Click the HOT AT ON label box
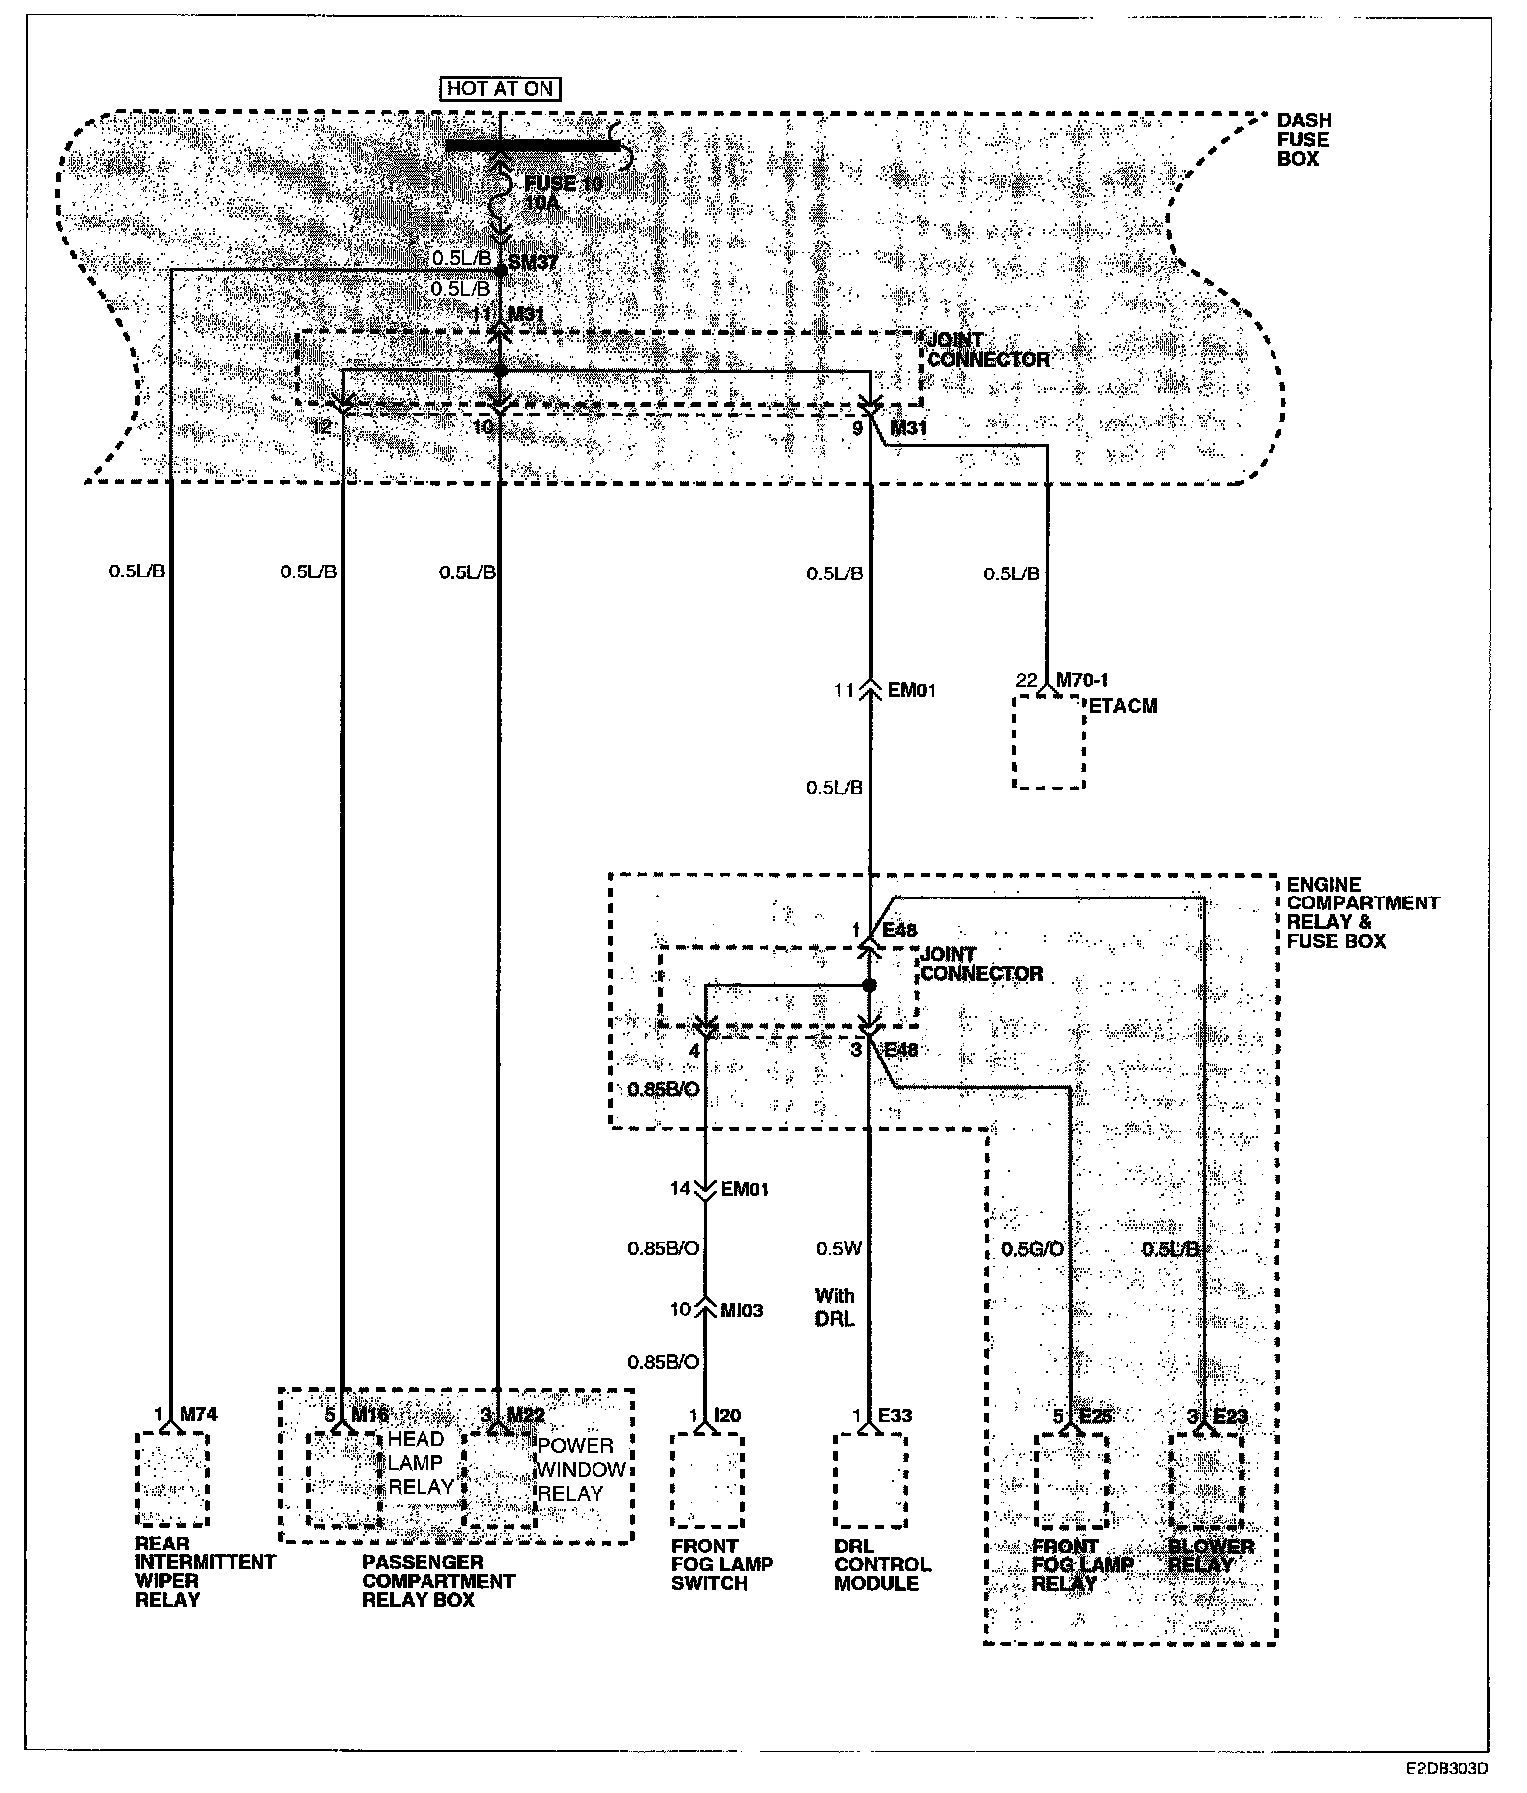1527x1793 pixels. (499, 88)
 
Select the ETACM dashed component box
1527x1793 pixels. (1048, 741)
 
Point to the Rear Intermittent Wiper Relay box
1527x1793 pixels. (172, 1479)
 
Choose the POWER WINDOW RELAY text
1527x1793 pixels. (582, 1469)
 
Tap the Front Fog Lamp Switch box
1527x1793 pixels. (707, 1480)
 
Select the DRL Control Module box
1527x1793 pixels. (870, 1480)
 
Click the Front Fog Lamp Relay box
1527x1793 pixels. (1070, 1480)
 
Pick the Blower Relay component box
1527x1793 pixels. (1206, 1480)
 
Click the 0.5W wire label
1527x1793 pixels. (837, 1248)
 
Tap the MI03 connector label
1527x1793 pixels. (741, 1310)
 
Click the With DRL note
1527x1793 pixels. (834, 1307)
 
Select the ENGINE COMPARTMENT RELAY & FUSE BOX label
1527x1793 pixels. (1361, 912)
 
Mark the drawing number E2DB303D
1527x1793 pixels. (1446, 1769)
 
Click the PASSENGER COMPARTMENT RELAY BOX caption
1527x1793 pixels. (437, 1581)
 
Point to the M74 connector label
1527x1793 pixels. (199, 1414)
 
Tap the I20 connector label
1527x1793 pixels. (729, 1414)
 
